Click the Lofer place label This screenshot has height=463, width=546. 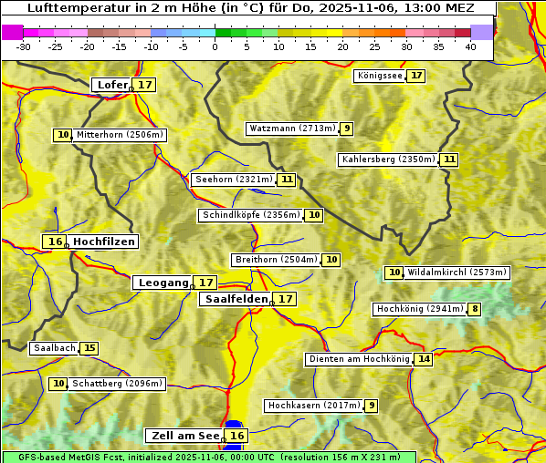pyautogui.click(x=111, y=85)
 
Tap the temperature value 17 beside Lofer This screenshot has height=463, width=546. pyautogui.click(x=145, y=85)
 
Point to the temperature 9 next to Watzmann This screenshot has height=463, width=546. pyautogui.click(x=346, y=129)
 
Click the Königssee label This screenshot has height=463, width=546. pyautogui.click(x=379, y=76)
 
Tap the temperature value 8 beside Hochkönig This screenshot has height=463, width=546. pyautogui.click(x=474, y=309)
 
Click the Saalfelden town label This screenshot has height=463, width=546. pyautogui.click(x=236, y=299)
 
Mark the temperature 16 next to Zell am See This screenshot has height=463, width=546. pyautogui.click(x=236, y=436)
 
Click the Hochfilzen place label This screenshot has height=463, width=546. pyautogui.click(x=104, y=242)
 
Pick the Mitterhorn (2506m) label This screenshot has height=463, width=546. pyautogui.click(x=120, y=135)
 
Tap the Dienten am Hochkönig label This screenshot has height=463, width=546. pyautogui.click(x=358, y=359)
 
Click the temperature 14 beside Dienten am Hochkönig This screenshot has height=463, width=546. pyautogui.click(x=423, y=359)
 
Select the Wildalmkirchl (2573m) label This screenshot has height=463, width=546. pyautogui.click(x=457, y=273)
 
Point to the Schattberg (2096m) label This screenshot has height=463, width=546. pyautogui.click(x=116, y=384)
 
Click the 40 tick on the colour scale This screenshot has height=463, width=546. pyautogui.click(x=470, y=46)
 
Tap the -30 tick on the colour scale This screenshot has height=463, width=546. pyautogui.click(x=23, y=46)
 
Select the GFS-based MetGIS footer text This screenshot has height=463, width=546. pyautogui.click(x=208, y=457)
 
